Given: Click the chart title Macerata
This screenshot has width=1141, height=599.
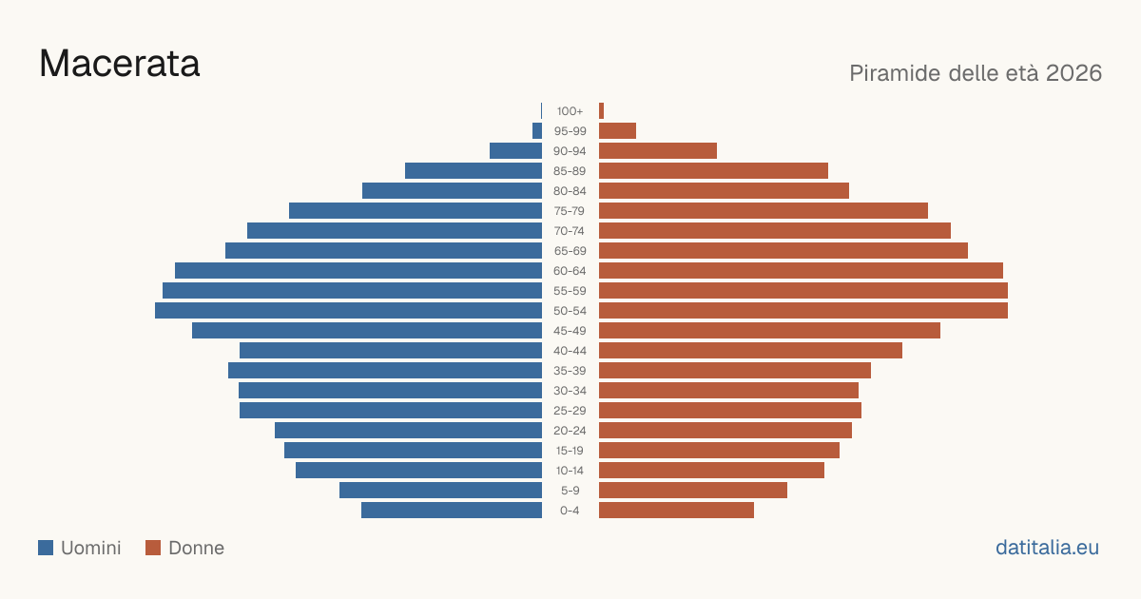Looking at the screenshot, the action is click(119, 64).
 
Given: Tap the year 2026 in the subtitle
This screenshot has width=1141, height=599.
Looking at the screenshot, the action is click(1073, 73).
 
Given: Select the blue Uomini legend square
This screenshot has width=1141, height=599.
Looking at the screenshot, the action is click(46, 548).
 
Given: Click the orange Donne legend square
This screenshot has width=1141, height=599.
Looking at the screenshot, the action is click(153, 548).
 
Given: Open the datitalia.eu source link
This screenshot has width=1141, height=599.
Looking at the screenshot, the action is click(1047, 548).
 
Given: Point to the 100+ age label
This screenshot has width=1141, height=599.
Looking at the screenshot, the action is click(570, 111).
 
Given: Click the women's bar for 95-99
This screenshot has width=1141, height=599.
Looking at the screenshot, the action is click(617, 131).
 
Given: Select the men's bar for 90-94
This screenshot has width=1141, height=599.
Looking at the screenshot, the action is click(515, 151).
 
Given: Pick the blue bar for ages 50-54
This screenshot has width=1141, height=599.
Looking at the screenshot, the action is click(348, 311).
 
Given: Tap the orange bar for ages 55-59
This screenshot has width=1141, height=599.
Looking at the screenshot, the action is click(803, 290).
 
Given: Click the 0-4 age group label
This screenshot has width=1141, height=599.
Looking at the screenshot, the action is click(570, 511).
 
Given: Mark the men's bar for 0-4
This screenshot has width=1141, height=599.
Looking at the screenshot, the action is click(452, 511).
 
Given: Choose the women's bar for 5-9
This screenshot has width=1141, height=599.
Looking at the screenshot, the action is click(693, 490).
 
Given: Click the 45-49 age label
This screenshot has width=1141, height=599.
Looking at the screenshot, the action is click(570, 331).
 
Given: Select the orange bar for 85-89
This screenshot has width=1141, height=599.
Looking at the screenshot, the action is click(713, 170).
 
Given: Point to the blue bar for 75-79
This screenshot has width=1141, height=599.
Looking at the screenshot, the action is click(416, 211).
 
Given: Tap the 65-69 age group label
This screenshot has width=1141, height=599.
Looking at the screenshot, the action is click(570, 251).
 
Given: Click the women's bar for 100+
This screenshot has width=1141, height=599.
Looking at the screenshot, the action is click(601, 111).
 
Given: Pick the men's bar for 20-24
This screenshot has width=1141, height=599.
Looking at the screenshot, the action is click(408, 431).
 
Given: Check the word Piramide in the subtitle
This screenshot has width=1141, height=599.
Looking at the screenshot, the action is click(895, 73).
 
